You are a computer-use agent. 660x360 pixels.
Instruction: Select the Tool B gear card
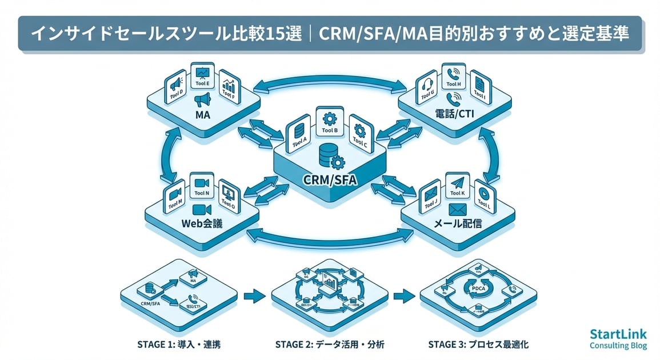click(330, 122)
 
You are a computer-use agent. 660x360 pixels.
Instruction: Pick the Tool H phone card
click(454, 78)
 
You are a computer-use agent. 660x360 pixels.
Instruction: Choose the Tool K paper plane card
click(457, 187)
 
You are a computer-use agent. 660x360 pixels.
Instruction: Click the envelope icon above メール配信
click(458, 209)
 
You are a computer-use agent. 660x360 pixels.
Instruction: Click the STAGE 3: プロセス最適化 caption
click(477, 345)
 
